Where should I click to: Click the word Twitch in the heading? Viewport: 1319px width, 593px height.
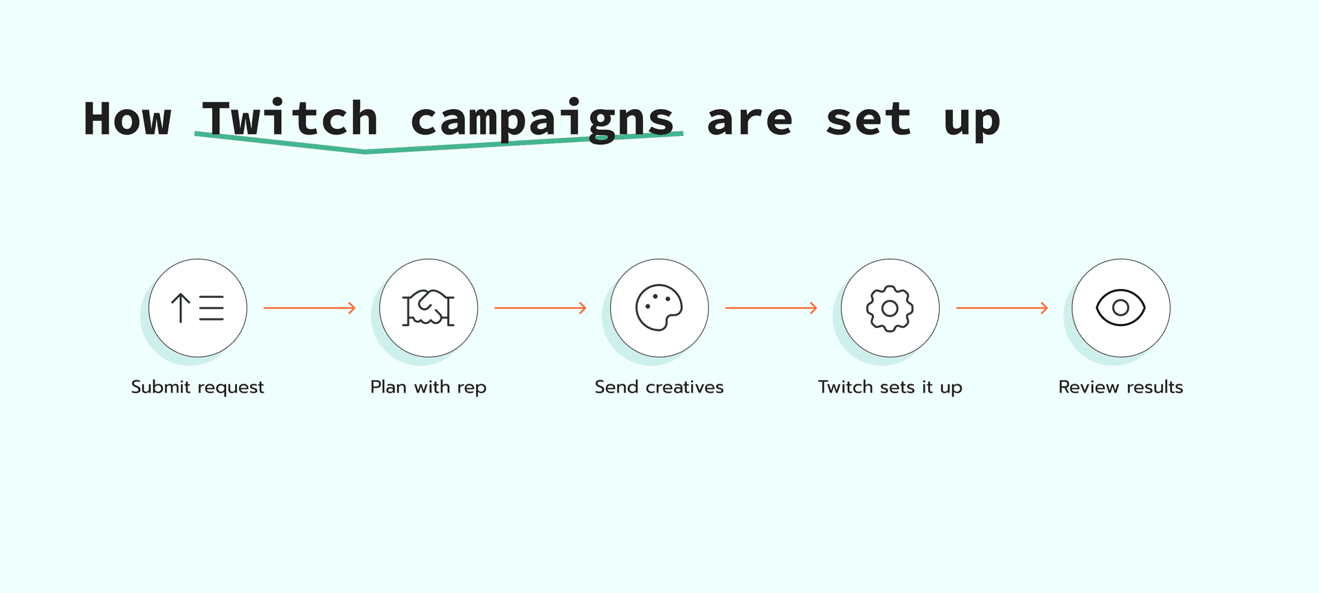[290, 119]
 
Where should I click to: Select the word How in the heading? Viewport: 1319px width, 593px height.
[127, 119]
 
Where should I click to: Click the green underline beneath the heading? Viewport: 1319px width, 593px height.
[365, 150]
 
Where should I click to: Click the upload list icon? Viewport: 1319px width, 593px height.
[198, 307]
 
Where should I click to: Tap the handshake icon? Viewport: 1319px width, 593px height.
[429, 307]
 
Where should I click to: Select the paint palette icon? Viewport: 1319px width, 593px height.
[659, 307]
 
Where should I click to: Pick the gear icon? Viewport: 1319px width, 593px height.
[890, 308]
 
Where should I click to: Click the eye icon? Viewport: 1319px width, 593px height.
[1120, 307]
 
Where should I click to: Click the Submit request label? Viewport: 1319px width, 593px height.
[198, 387]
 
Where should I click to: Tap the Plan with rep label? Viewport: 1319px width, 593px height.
[429, 387]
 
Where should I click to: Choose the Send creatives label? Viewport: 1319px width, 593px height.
[659, 387]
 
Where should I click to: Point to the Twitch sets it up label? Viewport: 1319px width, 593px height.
[890, 387]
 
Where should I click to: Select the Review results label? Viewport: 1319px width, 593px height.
[1120, 387]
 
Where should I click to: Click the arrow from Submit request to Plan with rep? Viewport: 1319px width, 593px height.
[310, 308]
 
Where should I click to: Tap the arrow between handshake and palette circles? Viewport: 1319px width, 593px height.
[541, 308]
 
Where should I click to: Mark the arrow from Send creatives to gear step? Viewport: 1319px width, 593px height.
[771, 308]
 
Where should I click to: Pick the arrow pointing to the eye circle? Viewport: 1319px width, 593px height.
[1002, 308]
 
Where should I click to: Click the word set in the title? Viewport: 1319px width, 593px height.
[868, 119]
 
